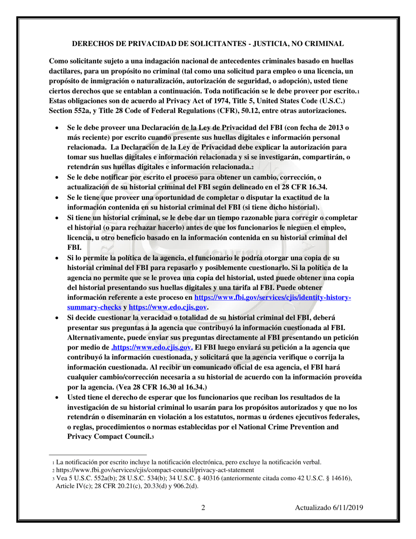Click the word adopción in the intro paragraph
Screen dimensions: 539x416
coord(303,81)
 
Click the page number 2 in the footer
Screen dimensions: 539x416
coord(203,508)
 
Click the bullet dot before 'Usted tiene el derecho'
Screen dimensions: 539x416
coord(57,397)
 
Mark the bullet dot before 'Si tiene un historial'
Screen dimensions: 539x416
coord(57,218)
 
